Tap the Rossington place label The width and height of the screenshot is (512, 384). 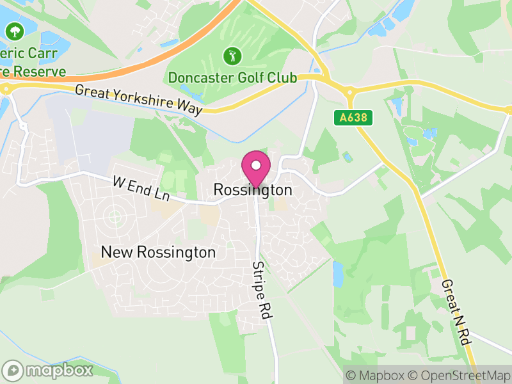[x=253, y=190]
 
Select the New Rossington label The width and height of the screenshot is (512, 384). [x=159, y=252]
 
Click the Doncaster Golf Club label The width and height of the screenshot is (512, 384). [x=232, y=77]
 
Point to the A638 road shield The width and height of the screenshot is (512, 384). [x=353, y=118]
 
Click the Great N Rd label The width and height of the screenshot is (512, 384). [x=457, y=312]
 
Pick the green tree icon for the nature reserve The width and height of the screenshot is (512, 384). [x=13, y=31]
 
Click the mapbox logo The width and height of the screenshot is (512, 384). [x=49, y=370]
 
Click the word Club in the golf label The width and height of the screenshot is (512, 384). [x=284, y=77]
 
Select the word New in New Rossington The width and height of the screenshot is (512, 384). [x=117, y=252]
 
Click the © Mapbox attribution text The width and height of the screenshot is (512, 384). [x=377, y=375]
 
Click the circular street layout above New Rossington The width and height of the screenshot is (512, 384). [x=114, y=216]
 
